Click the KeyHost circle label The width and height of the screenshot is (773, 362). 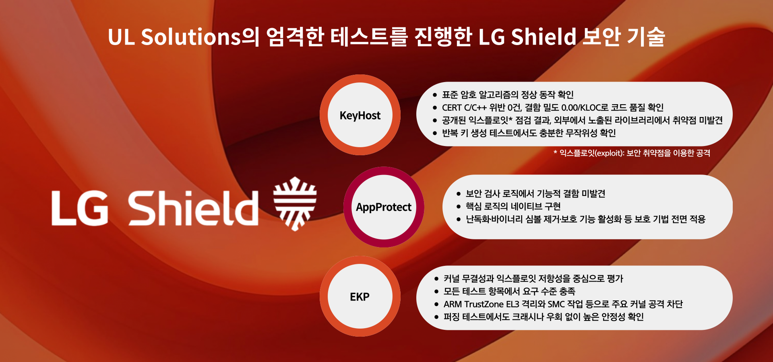pyautogui.click(x=360, y=115)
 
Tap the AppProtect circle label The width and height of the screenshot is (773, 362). pyautogui.click(x=383, y=207)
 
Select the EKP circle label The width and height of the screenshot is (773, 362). pyautogui.click(x=360, y=297)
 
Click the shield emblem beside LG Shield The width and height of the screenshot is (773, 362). pyautogui.click(x=295, y=204)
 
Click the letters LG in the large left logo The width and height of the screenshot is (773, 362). pyautogui.click(x=80, y=208)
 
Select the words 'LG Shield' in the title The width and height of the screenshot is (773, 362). pyautogui.click(x=527, y=37)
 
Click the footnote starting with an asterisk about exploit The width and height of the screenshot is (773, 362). pyautogui.click(x=632, y=153)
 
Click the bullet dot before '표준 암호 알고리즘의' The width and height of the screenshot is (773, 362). pyautogui.click(x=435, y=95)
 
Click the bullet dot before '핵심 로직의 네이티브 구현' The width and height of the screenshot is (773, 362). pyautogui.click(x=459, y=207)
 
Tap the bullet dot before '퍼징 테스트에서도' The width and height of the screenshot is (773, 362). pyautogui.click(x=436, y=317)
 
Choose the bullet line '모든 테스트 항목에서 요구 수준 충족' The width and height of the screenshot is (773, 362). pyautogui.click(x=509, y=291)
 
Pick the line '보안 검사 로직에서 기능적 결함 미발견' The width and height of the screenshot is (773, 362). pyautogui.click(x=535, y=194)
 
